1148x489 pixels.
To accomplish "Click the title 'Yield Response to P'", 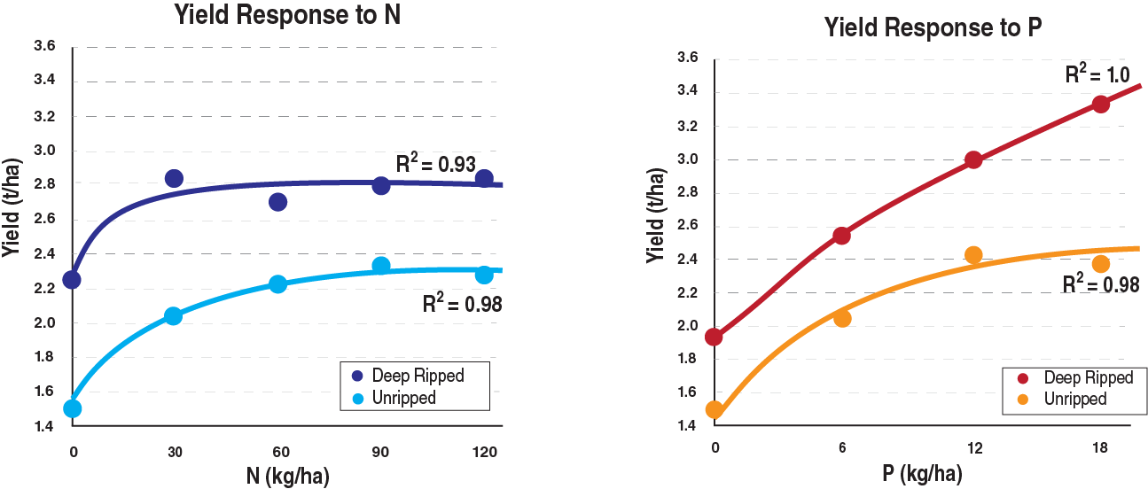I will (932, 27).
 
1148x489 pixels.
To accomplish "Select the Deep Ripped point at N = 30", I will (174, 179).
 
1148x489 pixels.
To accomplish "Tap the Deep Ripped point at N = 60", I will (277, 202).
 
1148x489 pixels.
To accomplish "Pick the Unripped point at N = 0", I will (72, 408).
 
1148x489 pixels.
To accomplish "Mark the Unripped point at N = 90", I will (381, 266).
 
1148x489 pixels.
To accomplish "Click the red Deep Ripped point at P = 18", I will (1101, 104).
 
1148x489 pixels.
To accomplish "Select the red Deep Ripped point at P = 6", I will (842, 236).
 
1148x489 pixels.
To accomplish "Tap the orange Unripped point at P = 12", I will (973, 255).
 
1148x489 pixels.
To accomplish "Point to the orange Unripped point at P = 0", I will (714, 409).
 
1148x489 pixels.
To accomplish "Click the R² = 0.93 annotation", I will (436, 163).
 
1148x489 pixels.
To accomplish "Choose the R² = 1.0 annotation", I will (1097, 74).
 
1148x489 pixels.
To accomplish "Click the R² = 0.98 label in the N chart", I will (462, 304).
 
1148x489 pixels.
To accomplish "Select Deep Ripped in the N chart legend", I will (417, 375).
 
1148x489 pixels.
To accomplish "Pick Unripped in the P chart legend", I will (1074, 399).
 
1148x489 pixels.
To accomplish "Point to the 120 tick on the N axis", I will (484, 452).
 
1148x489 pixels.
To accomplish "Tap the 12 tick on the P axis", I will (973, 448).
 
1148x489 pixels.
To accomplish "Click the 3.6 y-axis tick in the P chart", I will (688, 59).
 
